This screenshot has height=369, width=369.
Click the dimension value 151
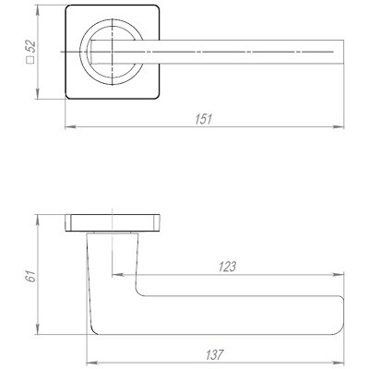pos(204,119)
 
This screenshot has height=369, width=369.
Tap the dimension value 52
pos(31,48)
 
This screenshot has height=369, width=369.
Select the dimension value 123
pos(227,267)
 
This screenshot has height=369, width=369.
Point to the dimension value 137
pos(214,355)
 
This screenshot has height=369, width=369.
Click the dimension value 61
pos(31,277)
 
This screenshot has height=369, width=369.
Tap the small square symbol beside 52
pos(30,60)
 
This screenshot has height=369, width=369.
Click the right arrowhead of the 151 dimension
pos(339,126)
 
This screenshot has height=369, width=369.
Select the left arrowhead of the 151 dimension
pos(71,126)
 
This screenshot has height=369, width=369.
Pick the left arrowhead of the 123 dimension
pos(118,274)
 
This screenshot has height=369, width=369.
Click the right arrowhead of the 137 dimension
pos(339,363)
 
